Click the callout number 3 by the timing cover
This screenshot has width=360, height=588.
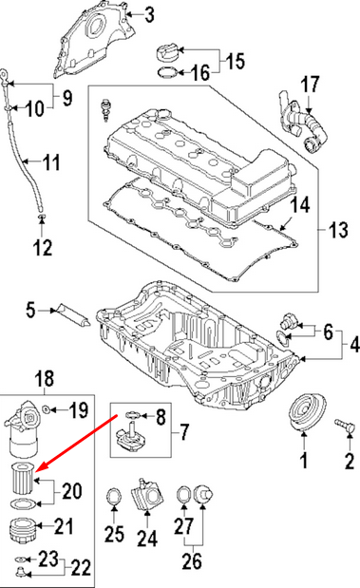(149, 15)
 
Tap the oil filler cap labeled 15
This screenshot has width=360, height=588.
(167, 52)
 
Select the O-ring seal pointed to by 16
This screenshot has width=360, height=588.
(167, 72)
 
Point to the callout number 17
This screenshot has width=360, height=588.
(310, 84)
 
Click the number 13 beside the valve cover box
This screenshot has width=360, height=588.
(338, 230)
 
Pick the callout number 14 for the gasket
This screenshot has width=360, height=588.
(300, 205)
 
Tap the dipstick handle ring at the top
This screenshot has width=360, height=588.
(4, 73)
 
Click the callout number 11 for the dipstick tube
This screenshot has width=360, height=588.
(51, 162)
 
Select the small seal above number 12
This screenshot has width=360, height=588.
(43, 217)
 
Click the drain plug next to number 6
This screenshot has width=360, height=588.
(288, 319)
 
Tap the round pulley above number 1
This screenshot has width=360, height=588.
(307, 413)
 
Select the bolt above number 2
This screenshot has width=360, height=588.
(344, 426)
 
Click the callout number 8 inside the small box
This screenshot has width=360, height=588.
(161, 417)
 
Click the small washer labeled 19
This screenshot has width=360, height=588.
(47, 408)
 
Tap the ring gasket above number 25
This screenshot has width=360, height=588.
(114, 498)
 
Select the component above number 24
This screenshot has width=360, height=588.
(147, 494)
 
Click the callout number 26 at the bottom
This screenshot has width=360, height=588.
(192, 561)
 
